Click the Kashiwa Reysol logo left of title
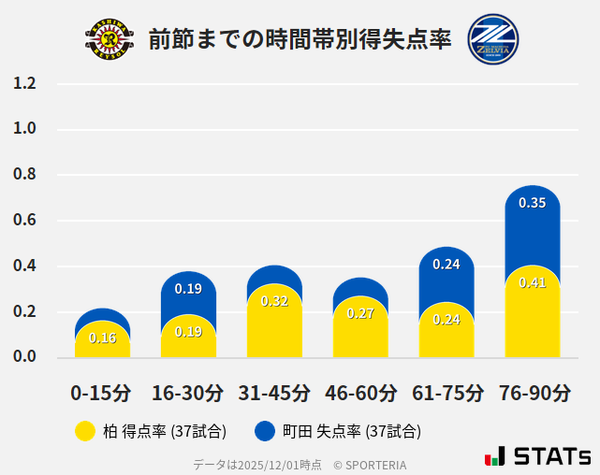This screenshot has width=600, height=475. tap(110, 38)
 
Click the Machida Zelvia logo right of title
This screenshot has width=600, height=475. tap(492, 38)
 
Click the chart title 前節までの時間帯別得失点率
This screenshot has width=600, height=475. tap(300, 39)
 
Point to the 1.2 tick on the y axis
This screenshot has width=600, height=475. tap(25, 84)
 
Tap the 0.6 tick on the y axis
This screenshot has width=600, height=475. tap(25, 221)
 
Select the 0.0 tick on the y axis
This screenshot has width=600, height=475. tap(25, 357)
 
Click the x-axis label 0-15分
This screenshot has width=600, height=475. tap(102, 393)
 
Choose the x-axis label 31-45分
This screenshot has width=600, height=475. tap(274, 393)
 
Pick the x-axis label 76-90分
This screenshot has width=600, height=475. tap(533, 393)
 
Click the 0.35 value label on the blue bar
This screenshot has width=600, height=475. tap(533, 203)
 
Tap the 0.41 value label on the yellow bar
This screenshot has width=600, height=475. tap(533, 282)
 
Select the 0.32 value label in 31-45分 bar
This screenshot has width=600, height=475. tap(274, 301)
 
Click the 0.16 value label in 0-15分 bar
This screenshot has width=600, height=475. tap(102, 338)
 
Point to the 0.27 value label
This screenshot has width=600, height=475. tap(360, 313)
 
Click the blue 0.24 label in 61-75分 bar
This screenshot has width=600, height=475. tap(446, 265)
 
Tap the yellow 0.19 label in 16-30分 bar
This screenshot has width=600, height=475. tap(188, 332)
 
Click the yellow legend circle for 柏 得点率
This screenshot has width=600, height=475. tap(84, 431)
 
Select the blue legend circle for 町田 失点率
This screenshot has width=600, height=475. tap(265, 431)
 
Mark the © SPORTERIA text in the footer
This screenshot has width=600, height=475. tap(370, 464)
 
